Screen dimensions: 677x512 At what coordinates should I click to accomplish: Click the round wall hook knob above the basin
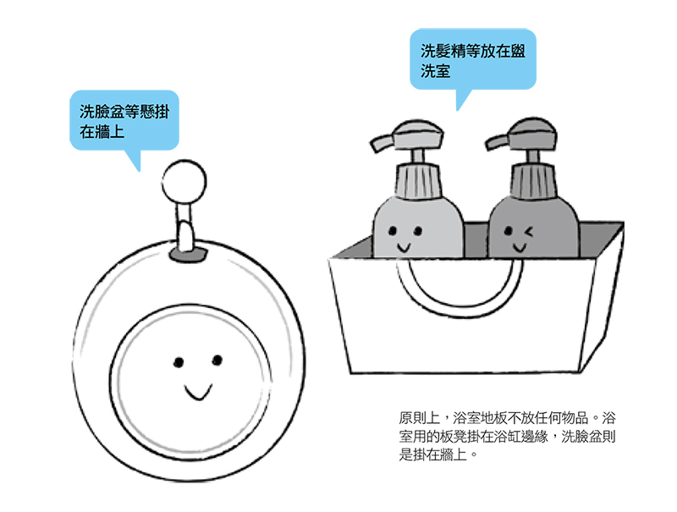(x=184, y=182)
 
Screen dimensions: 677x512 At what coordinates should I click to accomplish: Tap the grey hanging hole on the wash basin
(x=188, y=254)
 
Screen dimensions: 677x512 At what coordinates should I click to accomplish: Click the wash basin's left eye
(x=179, y=362)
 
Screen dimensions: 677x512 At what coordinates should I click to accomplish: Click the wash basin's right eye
(x=217, y=360)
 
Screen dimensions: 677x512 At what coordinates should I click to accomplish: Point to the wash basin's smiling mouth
(x=198, y=392)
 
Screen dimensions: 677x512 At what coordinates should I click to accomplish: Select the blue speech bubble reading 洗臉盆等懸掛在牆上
(x=124, y=120)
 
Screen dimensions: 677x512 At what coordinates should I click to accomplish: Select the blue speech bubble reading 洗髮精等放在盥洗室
(x=473, y=59)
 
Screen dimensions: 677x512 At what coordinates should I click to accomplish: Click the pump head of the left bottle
(x=407, y=135)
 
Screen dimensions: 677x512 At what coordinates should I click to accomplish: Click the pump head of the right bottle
(x=521, y=134)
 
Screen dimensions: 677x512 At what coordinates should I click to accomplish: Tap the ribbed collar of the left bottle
(x=417, y=182)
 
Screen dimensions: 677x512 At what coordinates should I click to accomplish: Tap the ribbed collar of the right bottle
(x=533, y=181)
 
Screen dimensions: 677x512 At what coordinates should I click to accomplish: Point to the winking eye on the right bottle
(x=528, y=232)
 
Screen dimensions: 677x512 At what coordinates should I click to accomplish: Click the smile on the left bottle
(x=404, y=247)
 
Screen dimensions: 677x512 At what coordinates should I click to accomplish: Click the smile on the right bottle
(x=519, y=247)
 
